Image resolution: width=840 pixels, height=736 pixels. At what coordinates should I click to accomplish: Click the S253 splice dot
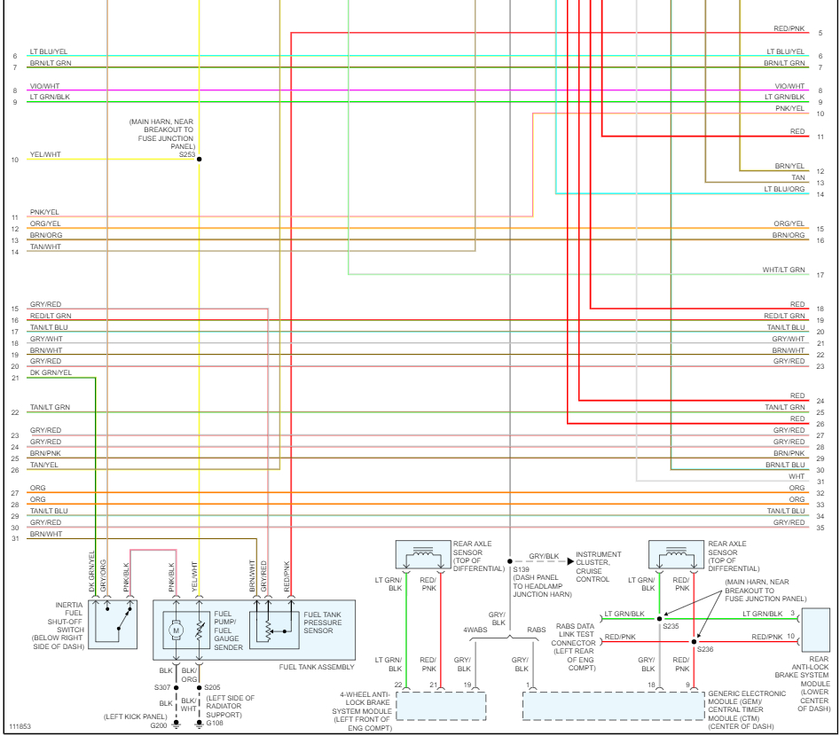coord(199,159)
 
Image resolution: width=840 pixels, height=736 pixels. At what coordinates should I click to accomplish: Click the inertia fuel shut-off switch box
coord(113,623)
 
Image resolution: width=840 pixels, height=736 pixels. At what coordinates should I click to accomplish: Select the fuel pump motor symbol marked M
coord(176,630)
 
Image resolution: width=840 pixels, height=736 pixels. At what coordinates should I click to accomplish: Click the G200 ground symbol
coord(176,725)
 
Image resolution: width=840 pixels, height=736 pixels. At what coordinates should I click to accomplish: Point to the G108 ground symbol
coord(199,725)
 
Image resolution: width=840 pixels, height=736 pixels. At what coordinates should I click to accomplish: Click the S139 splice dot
coord(510,561)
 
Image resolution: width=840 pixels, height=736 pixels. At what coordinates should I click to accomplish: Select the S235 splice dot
coord(659,619)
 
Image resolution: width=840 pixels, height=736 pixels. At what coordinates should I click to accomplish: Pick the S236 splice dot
coord(694,638)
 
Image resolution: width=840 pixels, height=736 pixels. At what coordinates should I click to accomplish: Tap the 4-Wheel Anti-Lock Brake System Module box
coord(441,706)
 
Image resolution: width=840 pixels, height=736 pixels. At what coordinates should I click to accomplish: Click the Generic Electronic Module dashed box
coord(611,706)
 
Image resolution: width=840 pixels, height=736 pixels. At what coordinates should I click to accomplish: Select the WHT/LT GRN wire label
coord(783,270)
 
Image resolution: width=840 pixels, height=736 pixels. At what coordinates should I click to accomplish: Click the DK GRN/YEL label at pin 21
coord(51,373)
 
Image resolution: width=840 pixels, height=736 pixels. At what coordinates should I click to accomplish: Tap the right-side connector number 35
coord(820,528)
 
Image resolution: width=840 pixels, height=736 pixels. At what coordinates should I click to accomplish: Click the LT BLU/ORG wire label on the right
coord(784,189)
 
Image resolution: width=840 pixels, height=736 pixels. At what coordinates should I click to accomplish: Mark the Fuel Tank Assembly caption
coord(317,667)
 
